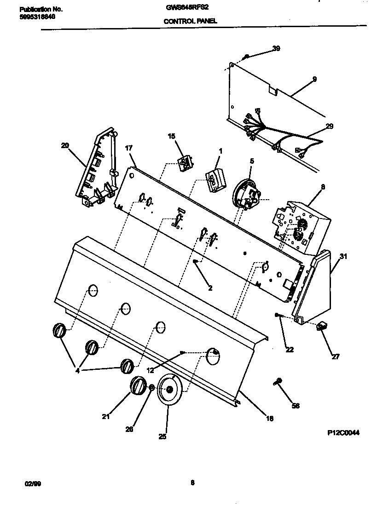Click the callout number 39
(x=276, y=48)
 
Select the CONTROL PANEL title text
(x=190, y=21)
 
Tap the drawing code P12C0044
(x=343, y=433)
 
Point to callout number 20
(x=64, y=145)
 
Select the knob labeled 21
(x=138, y=385)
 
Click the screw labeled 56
(x=279, y=382)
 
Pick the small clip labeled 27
(x=321, y=327)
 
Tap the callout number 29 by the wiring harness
(x=330, y=126)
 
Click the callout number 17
(x=129, y=148)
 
